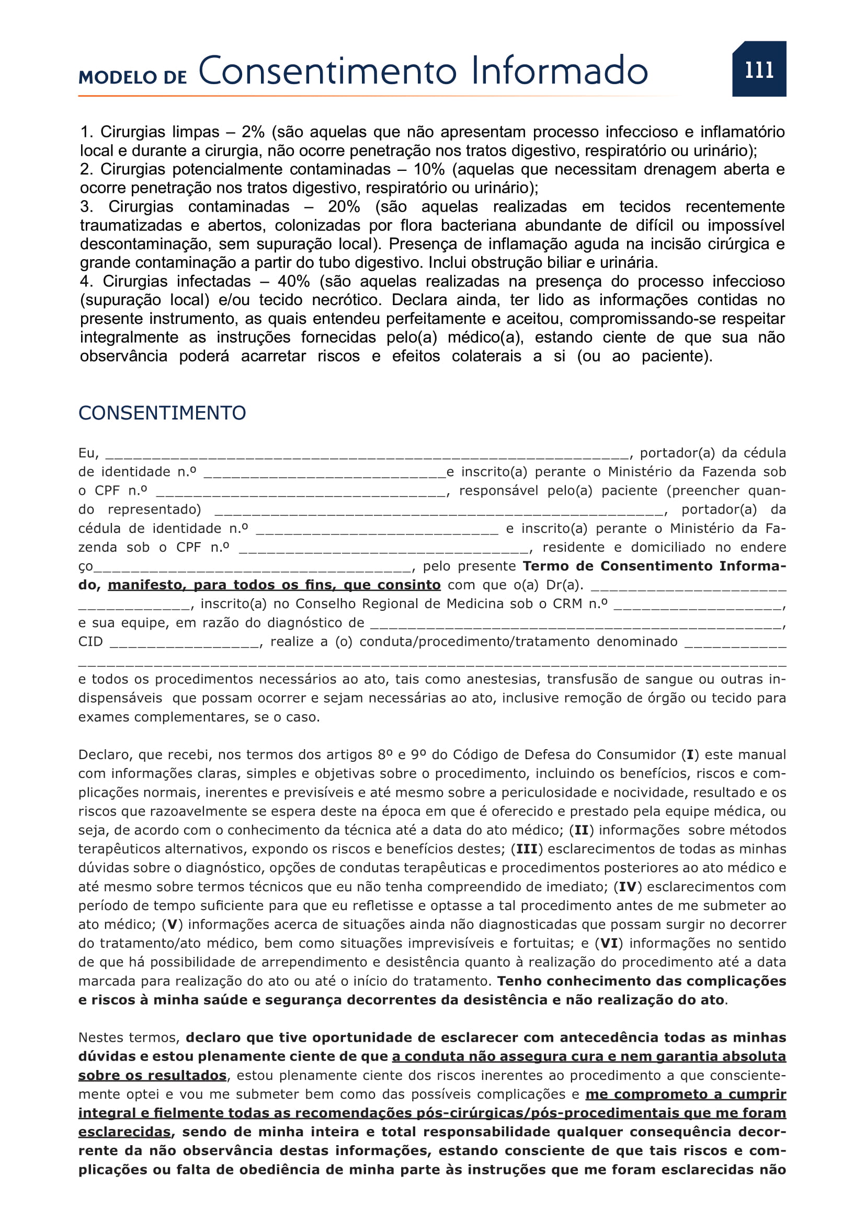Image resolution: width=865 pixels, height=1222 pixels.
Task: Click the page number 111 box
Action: click(x=758, y=69)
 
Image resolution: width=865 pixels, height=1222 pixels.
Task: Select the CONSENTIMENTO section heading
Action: click(x=162, y=413)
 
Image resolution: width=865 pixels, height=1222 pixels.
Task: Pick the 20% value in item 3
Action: click(x=344, y=206)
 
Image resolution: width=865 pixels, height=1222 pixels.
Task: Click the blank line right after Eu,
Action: click(x=368, y=455)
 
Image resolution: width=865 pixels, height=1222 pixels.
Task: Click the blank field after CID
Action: click(x=185, y=644)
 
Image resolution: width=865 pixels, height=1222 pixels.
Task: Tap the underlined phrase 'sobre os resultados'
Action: click(x=152, y=1075)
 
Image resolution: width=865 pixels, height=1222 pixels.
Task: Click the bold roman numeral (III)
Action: click(x=527, y=849)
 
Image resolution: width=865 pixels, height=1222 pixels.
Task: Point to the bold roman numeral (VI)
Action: click(x=609, y=943)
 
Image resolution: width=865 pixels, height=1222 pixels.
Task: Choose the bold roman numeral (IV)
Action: click(x=628, y=887)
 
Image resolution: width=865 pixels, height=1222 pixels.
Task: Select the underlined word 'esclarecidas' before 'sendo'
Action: click(x=124, y=1132)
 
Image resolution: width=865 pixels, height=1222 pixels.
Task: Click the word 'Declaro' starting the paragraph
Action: click(x=105, y=755)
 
